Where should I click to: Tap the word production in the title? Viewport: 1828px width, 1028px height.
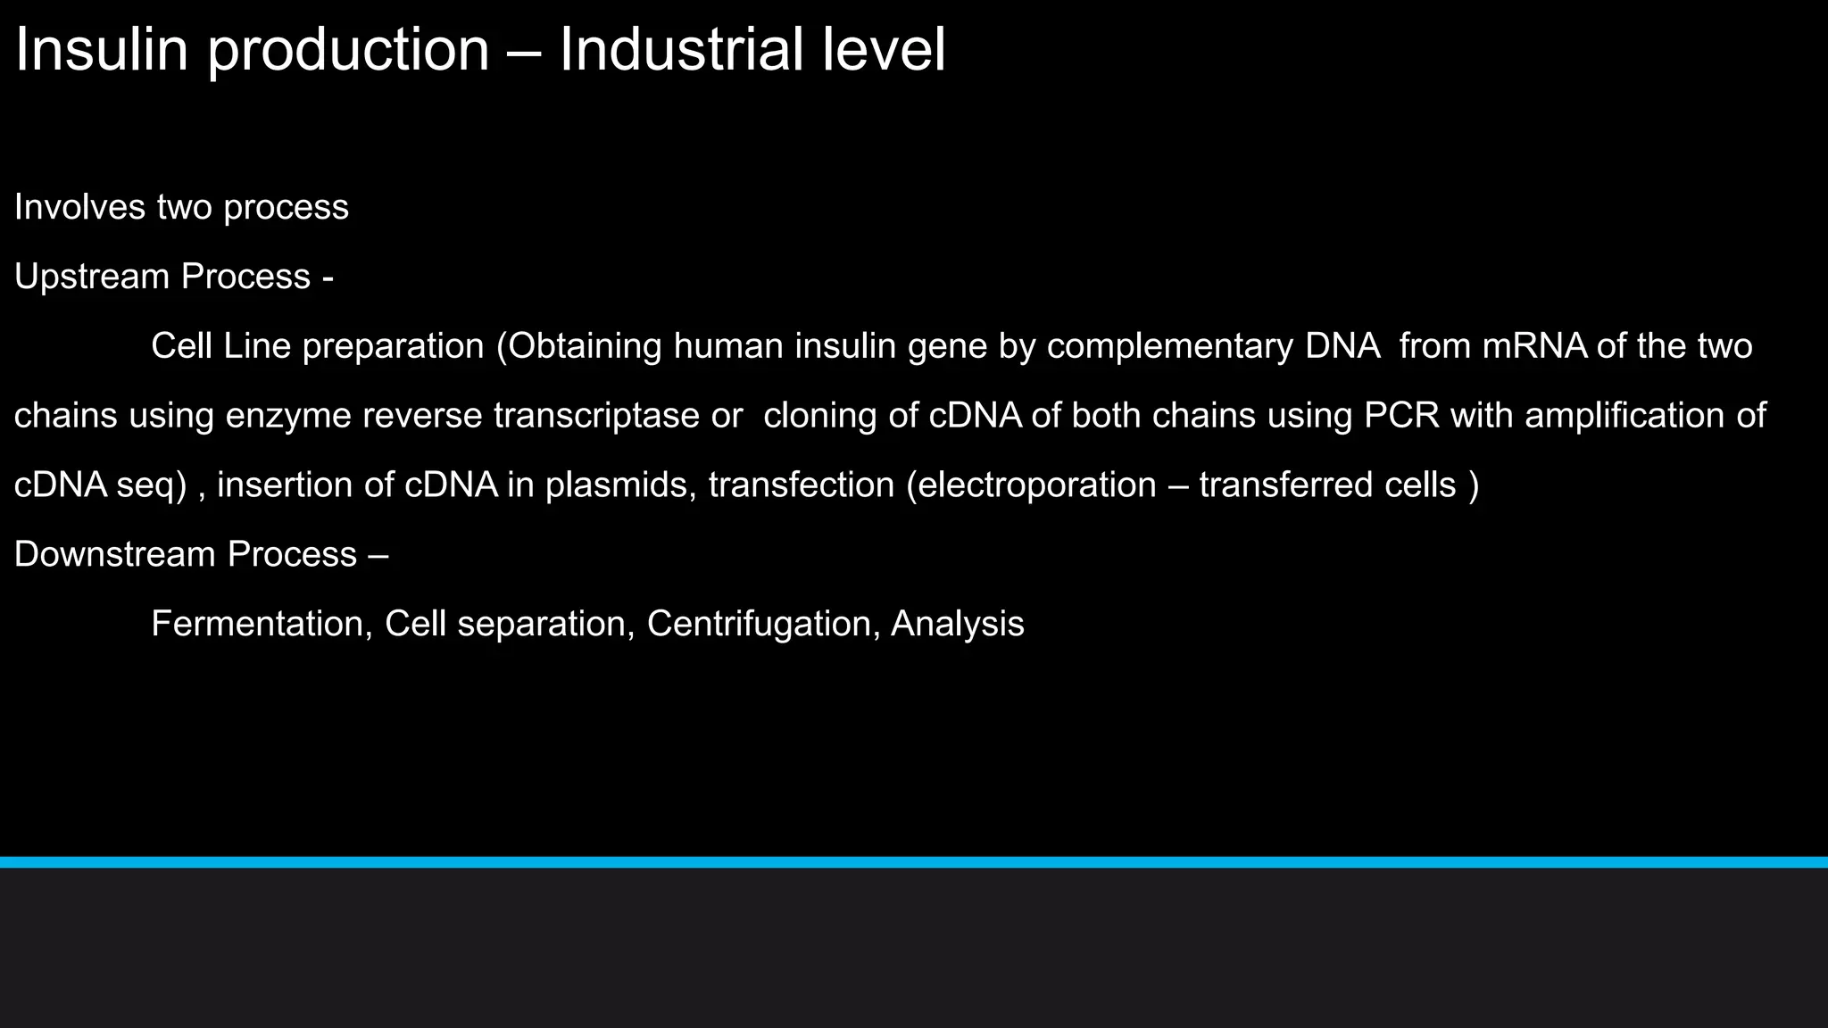(x=348, y=52)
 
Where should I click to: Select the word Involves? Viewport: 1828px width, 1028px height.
(x=79, y=207)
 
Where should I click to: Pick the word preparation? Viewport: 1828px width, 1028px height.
(x=393, y=347)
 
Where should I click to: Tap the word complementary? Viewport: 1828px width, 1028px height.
(x=1169, y=347)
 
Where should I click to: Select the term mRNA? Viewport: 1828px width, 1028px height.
(x=1534, y=346)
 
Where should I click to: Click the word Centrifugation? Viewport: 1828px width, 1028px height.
(x=763, y=624)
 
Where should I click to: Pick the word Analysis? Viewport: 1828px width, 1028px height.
(x=957, y=624)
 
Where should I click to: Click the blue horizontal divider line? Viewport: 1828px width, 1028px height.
(x=914, y=862)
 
